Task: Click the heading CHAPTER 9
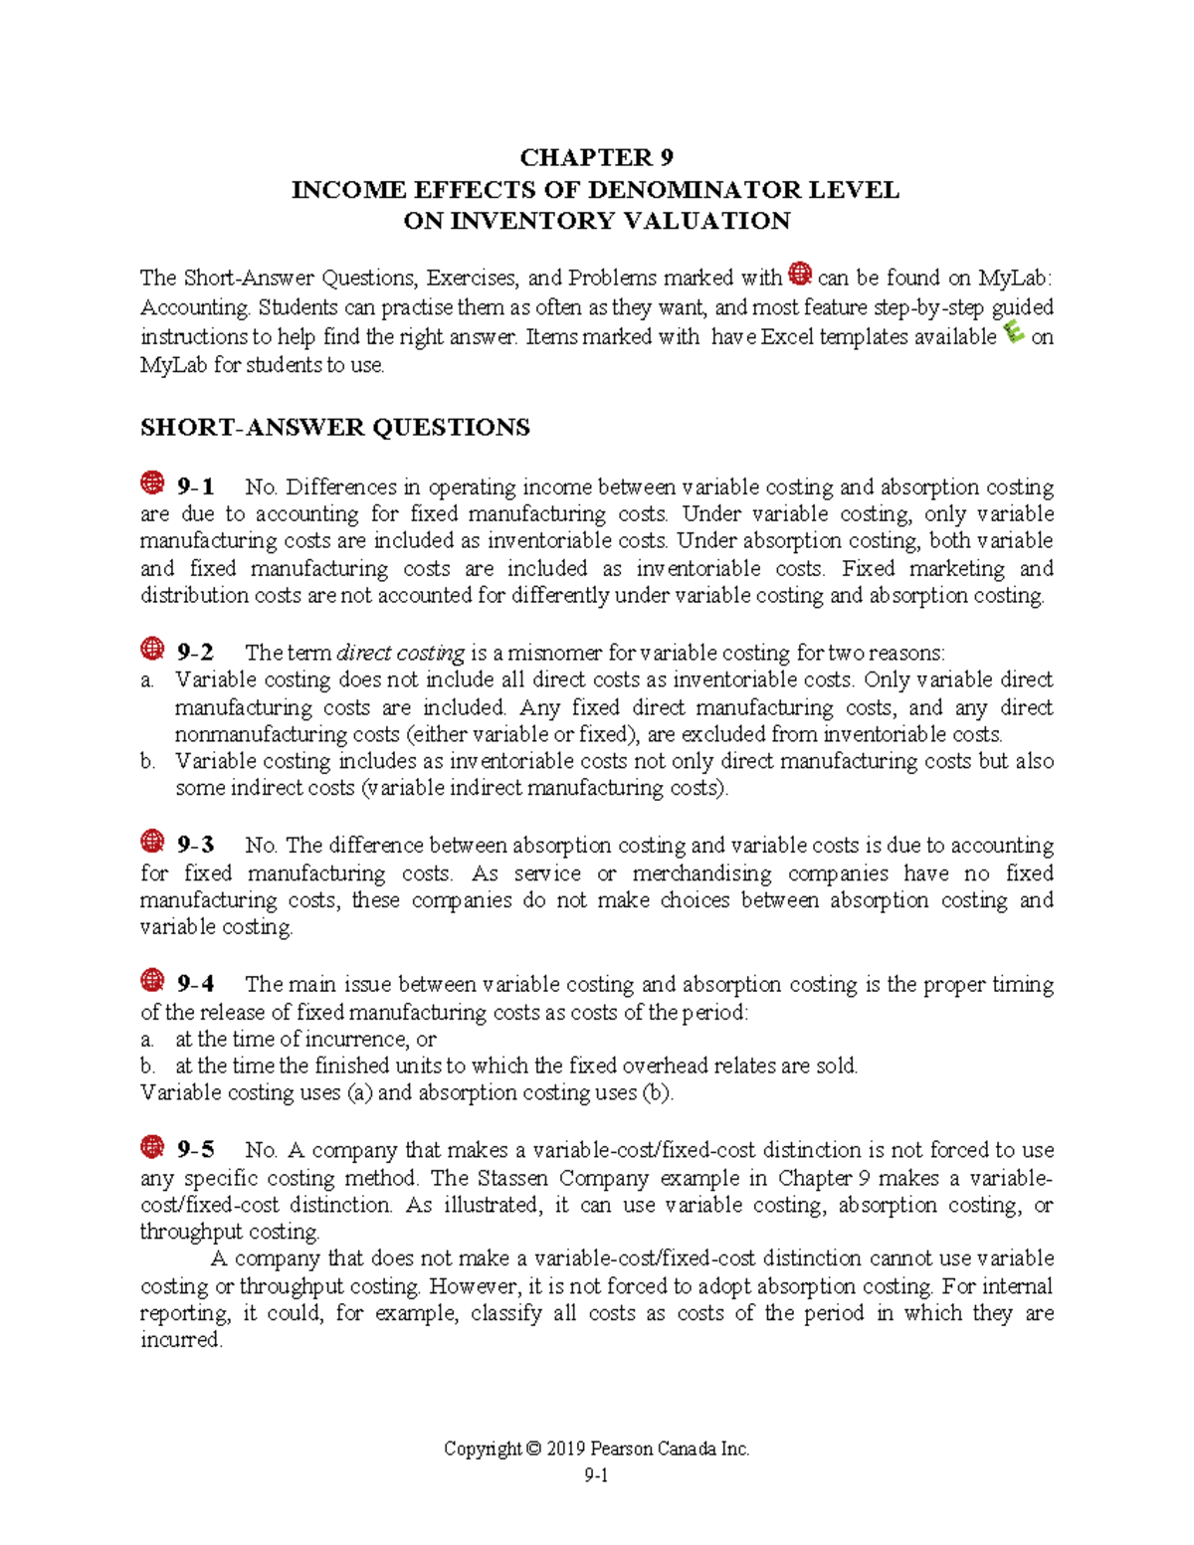[x=596, y=157]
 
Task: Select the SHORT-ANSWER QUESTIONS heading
[x=335, y=428]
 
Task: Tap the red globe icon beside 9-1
[x=152, y=483]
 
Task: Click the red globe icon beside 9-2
[x=152, y=650]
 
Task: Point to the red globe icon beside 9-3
[x=152, y=842]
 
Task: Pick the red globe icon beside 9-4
[x=152, y=981]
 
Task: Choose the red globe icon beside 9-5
[x=152, y=1147]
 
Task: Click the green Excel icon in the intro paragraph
[x=1015, y=332]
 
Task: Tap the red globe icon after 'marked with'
[x=800, y=274]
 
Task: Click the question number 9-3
[x=195, y=846]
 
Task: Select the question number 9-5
[x=195, y=1150]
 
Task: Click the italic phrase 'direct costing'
[x=401, y=654]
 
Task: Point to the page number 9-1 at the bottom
[x=596, y=1475]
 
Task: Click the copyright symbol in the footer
[x=534, y=1449]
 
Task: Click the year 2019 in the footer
[x=568, y=1449]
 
